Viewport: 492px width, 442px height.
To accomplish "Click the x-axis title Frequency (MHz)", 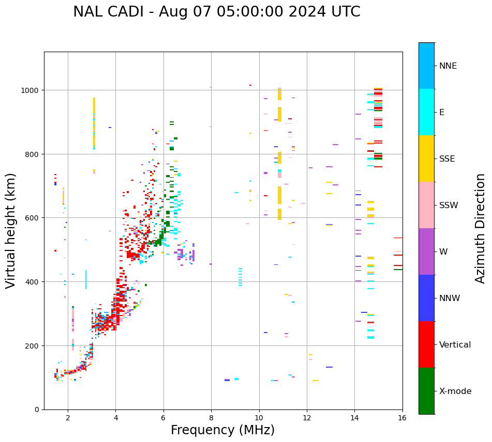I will (222, 430).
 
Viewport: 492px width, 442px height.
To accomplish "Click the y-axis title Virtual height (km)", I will (11, 230).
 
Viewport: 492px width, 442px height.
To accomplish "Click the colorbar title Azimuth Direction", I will (481, 228).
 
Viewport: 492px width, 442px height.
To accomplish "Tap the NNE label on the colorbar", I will (448, 66).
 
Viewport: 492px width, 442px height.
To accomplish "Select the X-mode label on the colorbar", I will (455, 391).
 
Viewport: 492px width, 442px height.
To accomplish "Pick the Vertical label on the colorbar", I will (455, 345).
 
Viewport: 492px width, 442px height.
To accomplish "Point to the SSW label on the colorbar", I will (449, 206).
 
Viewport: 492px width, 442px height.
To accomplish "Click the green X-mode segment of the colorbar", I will (426, 391).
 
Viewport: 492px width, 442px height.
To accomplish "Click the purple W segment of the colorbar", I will (426, 251).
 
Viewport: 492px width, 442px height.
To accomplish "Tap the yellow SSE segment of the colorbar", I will (426, 159).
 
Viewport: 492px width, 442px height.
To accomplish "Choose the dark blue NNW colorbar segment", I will (426, 298).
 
